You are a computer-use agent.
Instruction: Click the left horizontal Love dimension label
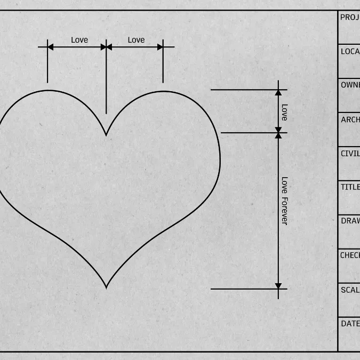pyautogui.click(x=79, y=40)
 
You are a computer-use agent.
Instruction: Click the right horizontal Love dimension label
pyautogui.click(x=136, y=40)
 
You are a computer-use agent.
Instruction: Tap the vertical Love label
pyautogui.click(x=284, y=112)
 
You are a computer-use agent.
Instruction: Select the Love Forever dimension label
pyautogui.click(x=284, y=201)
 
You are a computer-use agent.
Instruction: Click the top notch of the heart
pyautogui.click(x=106, y=135)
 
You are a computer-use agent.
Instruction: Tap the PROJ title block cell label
pyautogui.click(x=349, y=18)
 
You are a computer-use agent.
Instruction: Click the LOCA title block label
pyautogui.click(x=350, y=52)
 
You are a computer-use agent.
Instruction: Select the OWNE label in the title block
pyautogui.click(x=350, y=85)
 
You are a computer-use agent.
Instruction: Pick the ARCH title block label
pyautogui.click(x=350, y=119)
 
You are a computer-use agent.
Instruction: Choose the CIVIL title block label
pyautogui.click(x=350, y=154)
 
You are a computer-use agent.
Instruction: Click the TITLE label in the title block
pyautogui.click(x=350, y=187)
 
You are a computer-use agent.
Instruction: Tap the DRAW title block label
pyautogui.click(x=350, y=221)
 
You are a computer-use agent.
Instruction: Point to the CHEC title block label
pyautogui.click(x=350, y=255)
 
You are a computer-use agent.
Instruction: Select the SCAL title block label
pyautogui.click(x=350, y=290)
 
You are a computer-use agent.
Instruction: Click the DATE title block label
pyautogui.click(x=350, y=324)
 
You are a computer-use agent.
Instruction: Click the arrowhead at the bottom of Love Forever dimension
pyautogui.click(x=278, y=286)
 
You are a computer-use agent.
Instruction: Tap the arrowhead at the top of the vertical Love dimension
pyautogui.click(x=278, y=93)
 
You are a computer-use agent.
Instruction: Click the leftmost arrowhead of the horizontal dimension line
pyautogui.click(x=51, y=47)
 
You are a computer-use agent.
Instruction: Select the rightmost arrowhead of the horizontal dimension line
pyautogui.click(x=160, y=47)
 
